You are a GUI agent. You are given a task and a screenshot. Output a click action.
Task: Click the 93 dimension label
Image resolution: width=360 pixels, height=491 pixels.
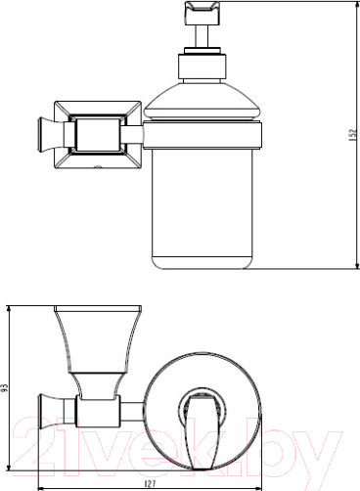(x=5, y=389)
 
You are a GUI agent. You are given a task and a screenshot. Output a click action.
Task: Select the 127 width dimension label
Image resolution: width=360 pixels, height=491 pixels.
(x=151, y=483)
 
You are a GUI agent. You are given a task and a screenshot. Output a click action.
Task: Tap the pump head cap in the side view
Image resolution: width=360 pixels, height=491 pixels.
(x=202, y=14)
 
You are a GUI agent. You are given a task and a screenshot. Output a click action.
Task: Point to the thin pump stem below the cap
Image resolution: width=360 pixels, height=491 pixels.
(x=202, y=36)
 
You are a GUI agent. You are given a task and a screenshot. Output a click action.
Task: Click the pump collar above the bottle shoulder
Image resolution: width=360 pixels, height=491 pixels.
(x=202, y=67)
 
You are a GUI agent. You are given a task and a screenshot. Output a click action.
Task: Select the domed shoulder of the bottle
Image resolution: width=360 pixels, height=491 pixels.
(x=202, y=102)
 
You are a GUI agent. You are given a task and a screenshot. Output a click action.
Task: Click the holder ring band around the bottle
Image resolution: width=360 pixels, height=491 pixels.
(x=202, y=135)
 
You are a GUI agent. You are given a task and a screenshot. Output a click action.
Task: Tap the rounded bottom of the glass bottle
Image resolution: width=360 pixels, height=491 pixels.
(x=202, y=263)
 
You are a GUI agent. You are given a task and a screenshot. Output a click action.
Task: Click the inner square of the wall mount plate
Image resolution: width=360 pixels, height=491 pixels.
(x=97, y=135)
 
